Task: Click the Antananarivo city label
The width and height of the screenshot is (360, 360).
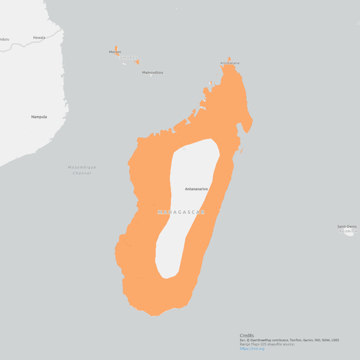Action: click(196, 189)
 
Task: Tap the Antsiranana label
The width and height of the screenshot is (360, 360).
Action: click(230, 63)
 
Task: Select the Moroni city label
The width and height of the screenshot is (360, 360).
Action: click(115, 52)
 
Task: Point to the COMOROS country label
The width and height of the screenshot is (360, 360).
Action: click(128, 58)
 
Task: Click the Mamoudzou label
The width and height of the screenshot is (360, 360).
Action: click(153, 73)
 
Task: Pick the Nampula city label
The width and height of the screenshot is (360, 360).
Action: click(39, 117)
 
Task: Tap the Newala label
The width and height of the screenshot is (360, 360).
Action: click(39, 38)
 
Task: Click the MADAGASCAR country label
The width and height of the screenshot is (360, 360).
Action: click(181, 212)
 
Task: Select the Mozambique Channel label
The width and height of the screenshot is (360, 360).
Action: click(82, 170)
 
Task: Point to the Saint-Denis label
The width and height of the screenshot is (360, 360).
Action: click(347, 226)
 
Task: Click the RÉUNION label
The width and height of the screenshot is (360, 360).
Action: click(348, 231)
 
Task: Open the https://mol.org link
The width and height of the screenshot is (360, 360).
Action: click(252, 349)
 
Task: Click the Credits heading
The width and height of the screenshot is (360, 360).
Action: click(247, 335)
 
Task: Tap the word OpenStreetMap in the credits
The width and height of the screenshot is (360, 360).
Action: click(261, 340)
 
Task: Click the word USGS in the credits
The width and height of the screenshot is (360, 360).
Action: click(335, 340)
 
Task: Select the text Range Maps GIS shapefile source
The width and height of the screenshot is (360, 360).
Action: click(267, 344)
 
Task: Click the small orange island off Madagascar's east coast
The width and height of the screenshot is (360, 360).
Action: click(242, 151)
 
